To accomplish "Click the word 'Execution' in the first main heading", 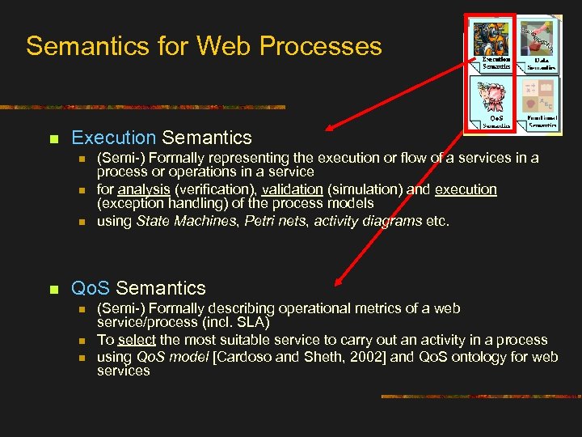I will [x=113, y=138].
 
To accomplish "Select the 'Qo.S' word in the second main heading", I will [x=91, y=287].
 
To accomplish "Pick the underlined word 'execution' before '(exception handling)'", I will [x=466, y=189].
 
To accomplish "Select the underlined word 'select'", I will [x=137, y=340].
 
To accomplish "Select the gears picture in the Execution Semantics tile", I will [x=491, y=40].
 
